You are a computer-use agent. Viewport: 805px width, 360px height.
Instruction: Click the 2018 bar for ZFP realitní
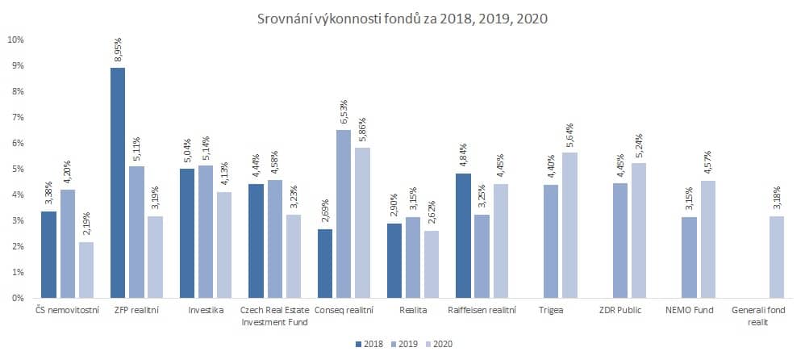(x=118, y=182)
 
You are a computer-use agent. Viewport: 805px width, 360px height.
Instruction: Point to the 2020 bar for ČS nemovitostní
(x=85, y=270)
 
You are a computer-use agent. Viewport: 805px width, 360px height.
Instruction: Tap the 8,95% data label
(x=118, y=50)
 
